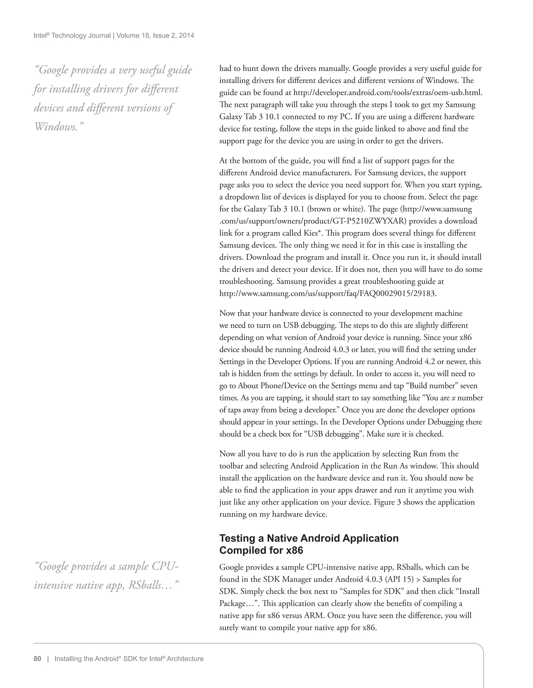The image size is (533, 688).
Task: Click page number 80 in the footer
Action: (x=37, y=659)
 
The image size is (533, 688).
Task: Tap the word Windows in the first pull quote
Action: (x=55, y=127)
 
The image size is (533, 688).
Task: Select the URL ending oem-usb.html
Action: (x=388, y=93)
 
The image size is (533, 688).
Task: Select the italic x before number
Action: (x=453, y=398)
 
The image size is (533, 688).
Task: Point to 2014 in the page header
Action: (x=187, y=36)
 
